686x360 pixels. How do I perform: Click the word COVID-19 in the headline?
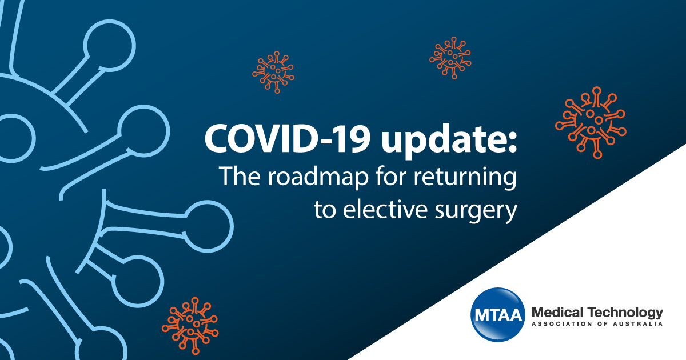pyautogui.click(x=287, y=139)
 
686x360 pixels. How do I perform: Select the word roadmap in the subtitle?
pyautogui.click(x=318, y=177)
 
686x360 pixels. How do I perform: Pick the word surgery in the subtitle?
pyautogui.click(x=476, y=212)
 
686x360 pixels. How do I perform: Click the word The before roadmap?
pyautogui.click(x=240, y=176)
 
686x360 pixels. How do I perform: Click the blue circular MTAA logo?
pyautogui.click(x=498, y=315)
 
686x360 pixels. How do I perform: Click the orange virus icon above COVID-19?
pyautogui.click(x=273, y=72)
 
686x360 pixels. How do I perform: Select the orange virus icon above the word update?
pyautogui.click(x=450, y=58)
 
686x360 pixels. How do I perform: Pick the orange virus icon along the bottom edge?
pyautogui.click(x=190, y=326)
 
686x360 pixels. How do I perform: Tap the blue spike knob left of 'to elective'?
pyautogui.click(x=208, y=226)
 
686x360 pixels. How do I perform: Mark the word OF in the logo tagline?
pyautogui.click(x=602, y=324)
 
